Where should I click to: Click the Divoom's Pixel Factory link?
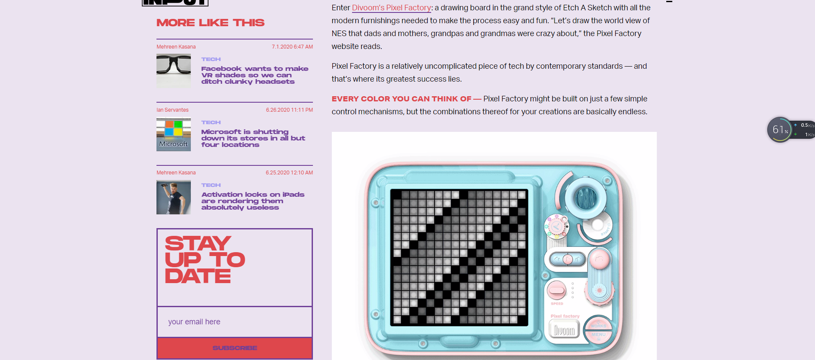tap(392, 8)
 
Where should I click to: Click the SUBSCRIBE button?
tap(235, 348)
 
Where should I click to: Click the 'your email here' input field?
tap(235, 322)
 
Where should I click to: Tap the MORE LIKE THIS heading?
tap(211, 23)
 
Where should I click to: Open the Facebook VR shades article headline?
tap(254, 75)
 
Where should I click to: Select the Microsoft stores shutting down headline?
tap(253, 138)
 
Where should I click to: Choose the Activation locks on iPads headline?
tap(253, 201)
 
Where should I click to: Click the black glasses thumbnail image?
tap(174, 71)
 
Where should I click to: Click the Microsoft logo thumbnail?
tap(174, 134)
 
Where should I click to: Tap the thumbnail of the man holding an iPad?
tap(174, 197)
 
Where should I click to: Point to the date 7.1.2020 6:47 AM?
tap(292, 47)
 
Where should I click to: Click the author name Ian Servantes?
tap(172, 110)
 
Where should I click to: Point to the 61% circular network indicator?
tap(780, 130)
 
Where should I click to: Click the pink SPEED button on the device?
tap(557, 290)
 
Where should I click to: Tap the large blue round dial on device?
tap(585, 197)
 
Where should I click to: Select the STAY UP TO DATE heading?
tap(205, 259)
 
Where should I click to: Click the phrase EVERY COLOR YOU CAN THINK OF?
tap(401, 99)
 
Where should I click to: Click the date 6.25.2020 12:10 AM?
tap(289, 173)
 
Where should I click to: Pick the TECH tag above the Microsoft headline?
tap(211, 122)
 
